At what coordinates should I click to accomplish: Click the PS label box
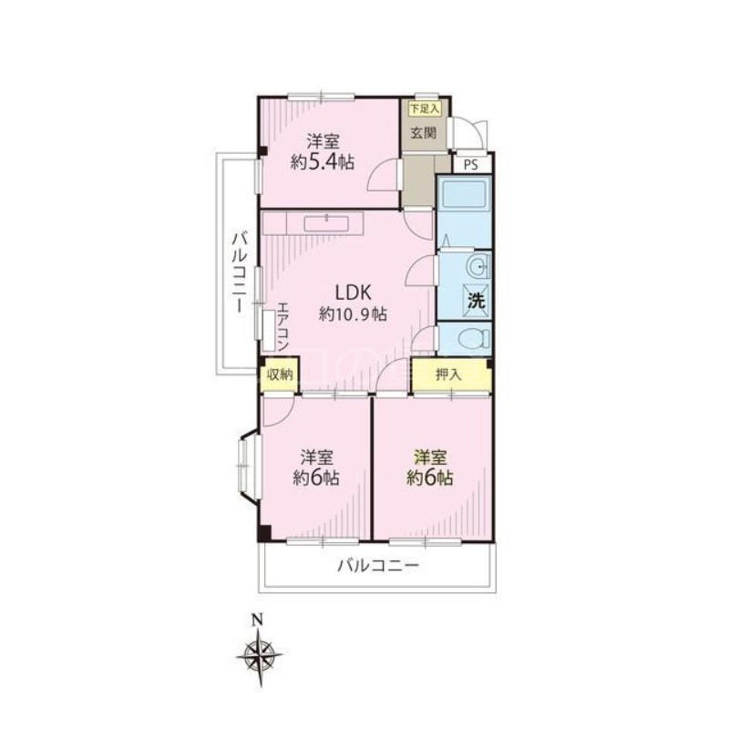[471, 165]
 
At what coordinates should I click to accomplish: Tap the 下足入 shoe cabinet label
[424, 109]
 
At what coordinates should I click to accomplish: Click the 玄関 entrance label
[424, 133]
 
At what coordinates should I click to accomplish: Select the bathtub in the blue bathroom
[465, 193]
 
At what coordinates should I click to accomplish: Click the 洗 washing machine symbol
[477, 301]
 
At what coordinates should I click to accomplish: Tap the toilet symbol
[474, 338]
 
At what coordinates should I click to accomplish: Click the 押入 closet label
[447, 375]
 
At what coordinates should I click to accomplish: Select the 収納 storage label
[280, 375]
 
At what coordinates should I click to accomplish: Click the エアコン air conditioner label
[282, 326]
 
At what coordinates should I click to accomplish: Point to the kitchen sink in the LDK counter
[327, 223]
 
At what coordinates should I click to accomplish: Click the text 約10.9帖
[353, 314]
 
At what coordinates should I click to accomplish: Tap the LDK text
[353, 293]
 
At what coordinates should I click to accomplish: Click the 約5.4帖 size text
[323, 162]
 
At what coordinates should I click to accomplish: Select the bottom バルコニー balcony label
[378, 566]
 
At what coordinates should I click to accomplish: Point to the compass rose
[260, 656]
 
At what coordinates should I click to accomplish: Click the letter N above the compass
[257, 620]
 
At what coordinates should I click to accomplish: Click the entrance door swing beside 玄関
[470, 133]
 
